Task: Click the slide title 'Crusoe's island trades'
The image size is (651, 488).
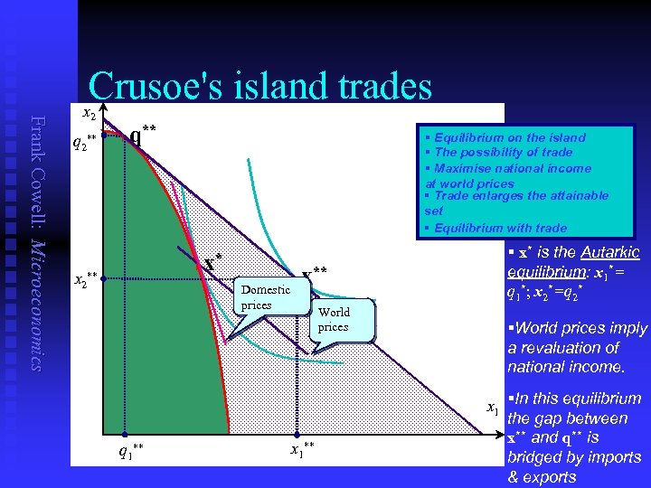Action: pos(260,86)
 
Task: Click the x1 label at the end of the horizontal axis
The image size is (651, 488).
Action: pos(493,408)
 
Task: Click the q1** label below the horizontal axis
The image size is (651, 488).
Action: pos(131,449)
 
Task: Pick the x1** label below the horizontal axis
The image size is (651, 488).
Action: pos(303,448)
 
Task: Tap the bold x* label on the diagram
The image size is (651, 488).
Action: pos(213,263)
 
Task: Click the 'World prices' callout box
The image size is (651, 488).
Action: pos(333,320)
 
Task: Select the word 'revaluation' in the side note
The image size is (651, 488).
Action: pos(572,347)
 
